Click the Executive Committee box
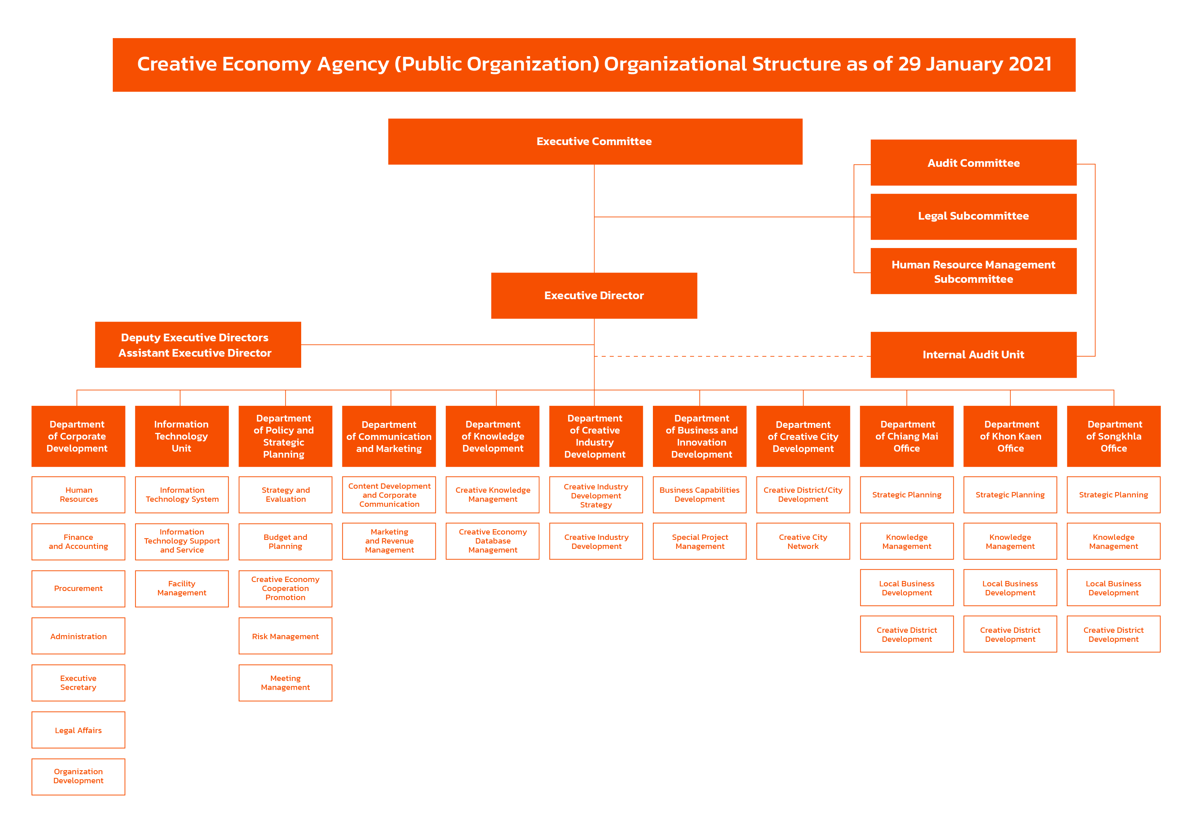595,141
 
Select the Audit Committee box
973,162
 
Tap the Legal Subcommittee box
973,217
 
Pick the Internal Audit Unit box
973,355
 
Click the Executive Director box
594,296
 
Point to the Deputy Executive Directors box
198,344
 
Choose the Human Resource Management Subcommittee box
973,271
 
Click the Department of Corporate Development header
78,436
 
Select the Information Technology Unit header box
182,436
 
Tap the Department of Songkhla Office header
1114,436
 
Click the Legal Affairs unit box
78,730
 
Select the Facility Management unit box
182,588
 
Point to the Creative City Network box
803,542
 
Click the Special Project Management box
699,542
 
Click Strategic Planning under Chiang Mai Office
907,494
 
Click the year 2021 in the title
1030,64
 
